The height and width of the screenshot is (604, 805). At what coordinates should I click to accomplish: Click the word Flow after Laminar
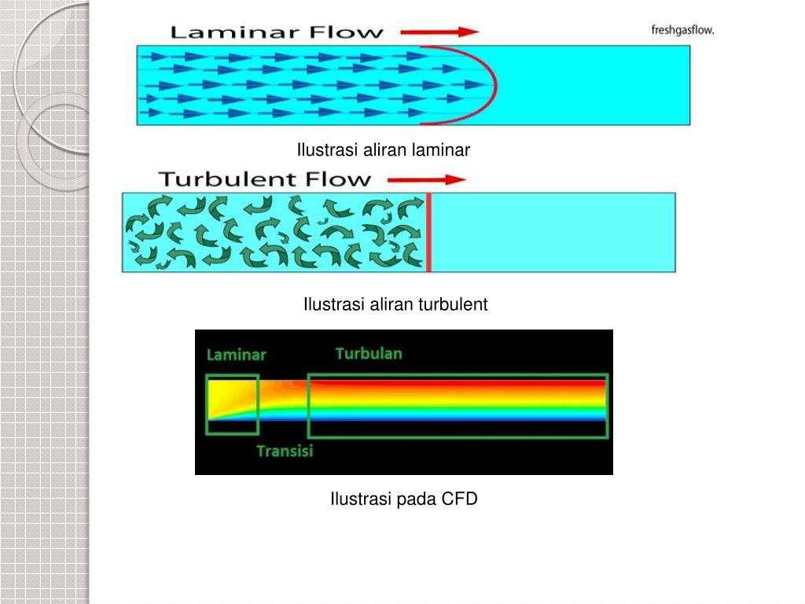345,33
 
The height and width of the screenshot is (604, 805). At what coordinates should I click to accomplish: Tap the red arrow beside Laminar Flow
440,32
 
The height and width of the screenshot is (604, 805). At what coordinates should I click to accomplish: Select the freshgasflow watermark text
682,31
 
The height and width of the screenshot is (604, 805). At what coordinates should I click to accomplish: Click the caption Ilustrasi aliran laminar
383,149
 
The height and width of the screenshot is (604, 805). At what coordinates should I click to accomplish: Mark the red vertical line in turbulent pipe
428,233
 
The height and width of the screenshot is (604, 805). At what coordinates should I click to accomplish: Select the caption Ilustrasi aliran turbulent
395,304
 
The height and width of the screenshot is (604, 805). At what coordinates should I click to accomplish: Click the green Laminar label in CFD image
236,355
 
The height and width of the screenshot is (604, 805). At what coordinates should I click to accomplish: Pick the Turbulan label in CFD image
369,353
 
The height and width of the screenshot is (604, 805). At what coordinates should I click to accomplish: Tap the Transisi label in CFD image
285,451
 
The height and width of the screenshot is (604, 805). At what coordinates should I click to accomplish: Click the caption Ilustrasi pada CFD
403,499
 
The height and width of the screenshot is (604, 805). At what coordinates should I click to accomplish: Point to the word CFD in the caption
459,499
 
